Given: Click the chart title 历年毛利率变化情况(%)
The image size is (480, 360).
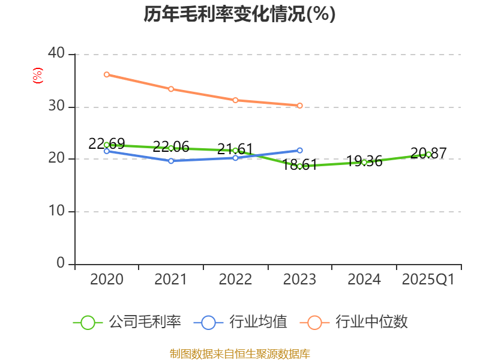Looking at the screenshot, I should pos(239,14).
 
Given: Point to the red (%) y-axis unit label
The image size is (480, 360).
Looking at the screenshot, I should pos(37,76).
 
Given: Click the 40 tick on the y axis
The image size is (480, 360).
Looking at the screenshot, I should pos(57,53).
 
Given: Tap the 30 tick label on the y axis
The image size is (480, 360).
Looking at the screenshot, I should pos(57,107).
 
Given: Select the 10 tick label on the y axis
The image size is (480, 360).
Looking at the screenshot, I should pos(57,211).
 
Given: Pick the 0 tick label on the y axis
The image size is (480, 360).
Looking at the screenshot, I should pos(61,263).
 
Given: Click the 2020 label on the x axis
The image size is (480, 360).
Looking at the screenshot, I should pos(107,280).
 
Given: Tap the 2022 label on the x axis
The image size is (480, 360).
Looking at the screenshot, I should pos(235,280).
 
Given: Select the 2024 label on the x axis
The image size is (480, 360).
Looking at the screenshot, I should pos(364,280).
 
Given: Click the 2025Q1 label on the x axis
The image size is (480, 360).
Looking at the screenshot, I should pos(428,280).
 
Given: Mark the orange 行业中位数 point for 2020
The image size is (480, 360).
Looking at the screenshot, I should pos(107,74).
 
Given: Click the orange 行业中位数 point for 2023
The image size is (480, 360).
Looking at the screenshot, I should pos(300,106).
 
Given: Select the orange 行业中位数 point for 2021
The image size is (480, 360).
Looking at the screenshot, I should pos(171,89).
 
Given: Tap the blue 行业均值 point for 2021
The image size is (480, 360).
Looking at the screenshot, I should pos(171,161).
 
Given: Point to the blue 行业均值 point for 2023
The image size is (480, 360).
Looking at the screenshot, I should pos(300,150).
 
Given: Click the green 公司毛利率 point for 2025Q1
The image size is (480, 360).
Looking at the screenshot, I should pos(428,154).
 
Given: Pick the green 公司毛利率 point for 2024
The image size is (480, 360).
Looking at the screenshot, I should pos(364,162).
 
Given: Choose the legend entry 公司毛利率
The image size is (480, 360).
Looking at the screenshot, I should pos(127,322).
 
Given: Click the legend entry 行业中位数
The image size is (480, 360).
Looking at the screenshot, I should pos(358,322).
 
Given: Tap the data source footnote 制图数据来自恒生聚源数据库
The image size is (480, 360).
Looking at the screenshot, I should pos(239,353).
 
